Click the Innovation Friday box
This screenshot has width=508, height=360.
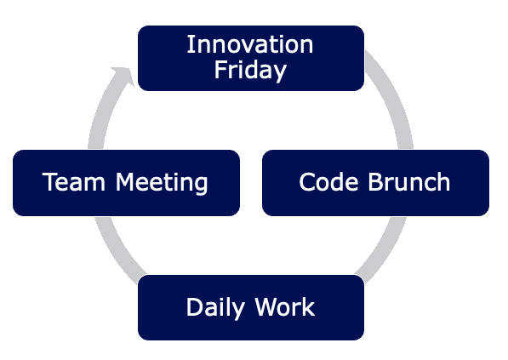click(x=251, y=58)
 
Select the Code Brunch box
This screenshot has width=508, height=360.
click(x=375, y=183)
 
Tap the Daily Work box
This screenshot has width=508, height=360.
click(x=251, y=307)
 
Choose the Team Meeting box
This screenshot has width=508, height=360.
click(x=126, y=183)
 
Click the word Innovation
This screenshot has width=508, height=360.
click(x=250, y=44)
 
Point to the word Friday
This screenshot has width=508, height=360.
click(x=250, y=70)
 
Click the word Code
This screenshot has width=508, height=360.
click(x=328, y=182)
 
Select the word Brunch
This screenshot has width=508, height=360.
click(x=409, y=182)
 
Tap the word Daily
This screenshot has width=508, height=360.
click(x=215, y=307)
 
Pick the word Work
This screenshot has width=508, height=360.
click(x=285, y=306)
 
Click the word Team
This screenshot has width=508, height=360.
click(x=74, y=182)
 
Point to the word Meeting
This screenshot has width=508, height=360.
click(x=162, y=183)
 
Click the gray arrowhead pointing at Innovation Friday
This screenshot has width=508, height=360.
click(x=123, y=76)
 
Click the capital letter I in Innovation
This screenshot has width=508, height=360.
click(x=189, y=44)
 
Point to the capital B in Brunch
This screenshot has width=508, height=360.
click(x=375, y=182)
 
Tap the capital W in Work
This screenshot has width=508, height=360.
click(x=267, y=306)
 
